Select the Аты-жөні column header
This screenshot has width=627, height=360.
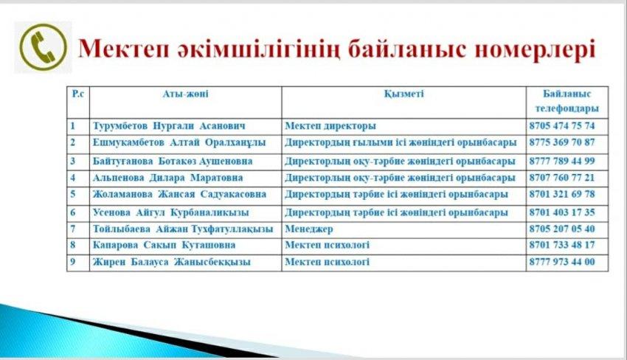point(185,94)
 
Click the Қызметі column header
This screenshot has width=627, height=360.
point(403,94)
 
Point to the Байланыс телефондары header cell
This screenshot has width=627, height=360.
point(566,101)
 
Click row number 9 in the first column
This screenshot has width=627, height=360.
point(73,262)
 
